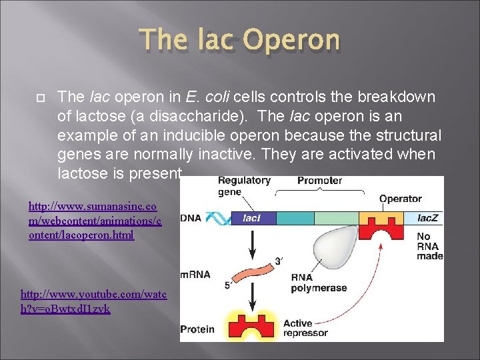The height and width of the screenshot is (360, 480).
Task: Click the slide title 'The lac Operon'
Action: [239, 41]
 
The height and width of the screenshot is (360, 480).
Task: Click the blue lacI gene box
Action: [251, 217]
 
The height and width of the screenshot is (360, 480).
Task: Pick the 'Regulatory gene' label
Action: [244, 185]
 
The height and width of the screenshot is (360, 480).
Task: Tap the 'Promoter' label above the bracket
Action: [319, 181]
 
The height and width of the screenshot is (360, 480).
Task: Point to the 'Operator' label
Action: [400, 198]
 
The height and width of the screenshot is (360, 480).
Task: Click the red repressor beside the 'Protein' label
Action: [252, 327]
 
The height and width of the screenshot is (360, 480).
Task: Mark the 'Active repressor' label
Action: [307, 329]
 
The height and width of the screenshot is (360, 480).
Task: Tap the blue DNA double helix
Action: [217, 218]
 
